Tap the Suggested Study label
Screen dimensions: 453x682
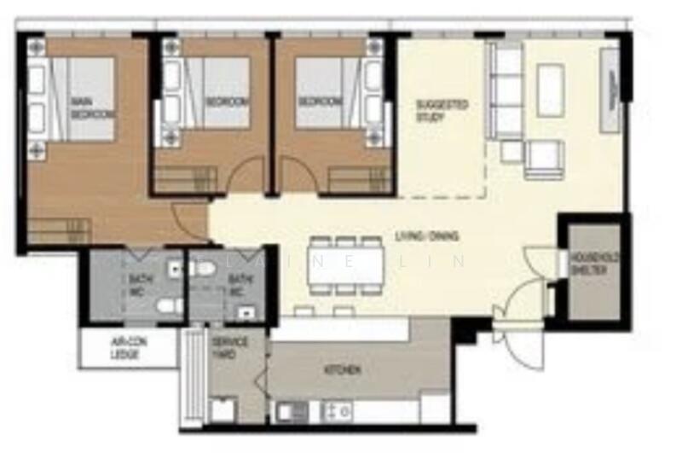(442, 110)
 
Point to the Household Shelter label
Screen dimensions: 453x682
(594, 263)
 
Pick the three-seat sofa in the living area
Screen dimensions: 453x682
(506, 90)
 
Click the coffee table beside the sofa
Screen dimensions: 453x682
(551, 90)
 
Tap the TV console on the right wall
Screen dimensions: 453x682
(610, 90)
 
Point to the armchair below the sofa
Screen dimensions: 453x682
(544, 157)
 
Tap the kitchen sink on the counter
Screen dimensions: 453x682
(291, 411)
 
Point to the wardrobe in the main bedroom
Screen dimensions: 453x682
(60, 229)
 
